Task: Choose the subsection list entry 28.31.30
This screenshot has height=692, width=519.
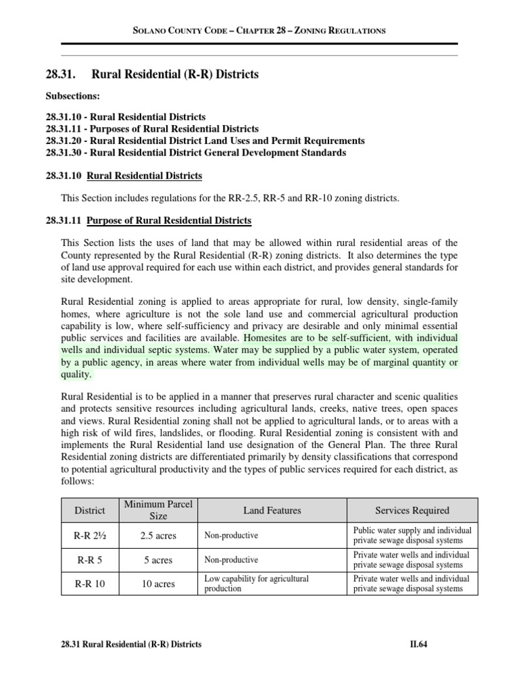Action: click(196, 153)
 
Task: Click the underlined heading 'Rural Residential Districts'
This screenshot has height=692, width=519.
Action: click(145, 176)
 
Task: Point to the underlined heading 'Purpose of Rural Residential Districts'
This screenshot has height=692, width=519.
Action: click(169, 221)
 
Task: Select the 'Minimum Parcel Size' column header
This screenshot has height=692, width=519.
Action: click(157, 510)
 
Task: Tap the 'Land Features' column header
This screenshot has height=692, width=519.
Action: click(272, 510)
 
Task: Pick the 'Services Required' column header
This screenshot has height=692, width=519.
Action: click(412, 510)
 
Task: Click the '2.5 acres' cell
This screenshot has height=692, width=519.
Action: click(157, 536)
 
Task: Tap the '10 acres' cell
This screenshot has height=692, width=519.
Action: click(157, 584)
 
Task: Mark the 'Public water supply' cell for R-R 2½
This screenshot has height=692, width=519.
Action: click(412, 535)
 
